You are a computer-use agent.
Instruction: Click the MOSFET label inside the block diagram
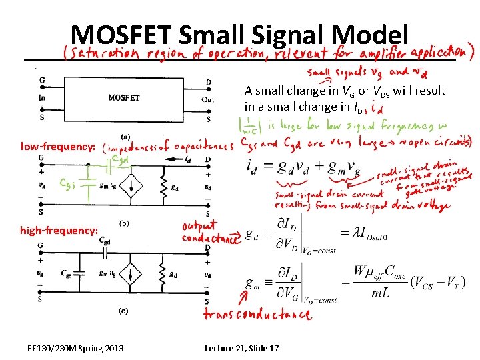coord(124,98)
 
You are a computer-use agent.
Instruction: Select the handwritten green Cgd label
coord(121,160)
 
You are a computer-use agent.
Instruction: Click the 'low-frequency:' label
coord(59,145)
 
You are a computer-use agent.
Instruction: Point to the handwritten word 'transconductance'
coord(257,314)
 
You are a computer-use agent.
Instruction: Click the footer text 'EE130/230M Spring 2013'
coord(75,348)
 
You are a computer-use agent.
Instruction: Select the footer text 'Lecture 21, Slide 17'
coord(241,348)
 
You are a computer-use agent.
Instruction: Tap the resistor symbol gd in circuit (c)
coord(163,274)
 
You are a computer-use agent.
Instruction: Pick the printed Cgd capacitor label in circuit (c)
coord(105,240)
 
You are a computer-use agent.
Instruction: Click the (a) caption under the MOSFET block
coord(125,136)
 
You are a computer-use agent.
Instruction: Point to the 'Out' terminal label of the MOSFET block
coord(208,100)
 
